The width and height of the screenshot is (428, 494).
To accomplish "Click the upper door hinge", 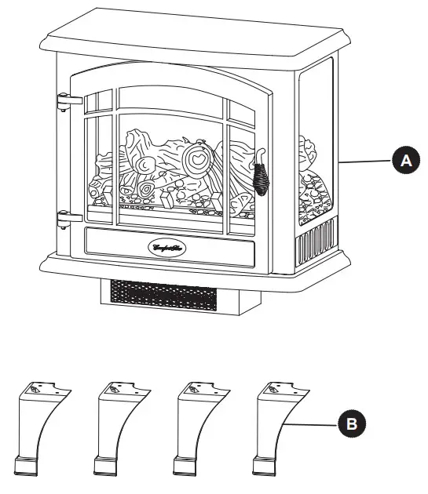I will (69, 100).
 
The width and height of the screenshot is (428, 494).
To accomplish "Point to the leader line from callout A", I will (365, 161).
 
